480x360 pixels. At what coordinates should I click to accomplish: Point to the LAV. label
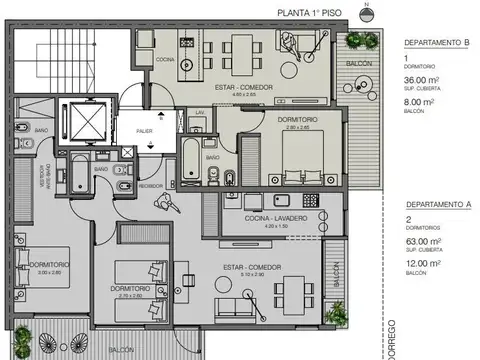coord(200,111)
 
